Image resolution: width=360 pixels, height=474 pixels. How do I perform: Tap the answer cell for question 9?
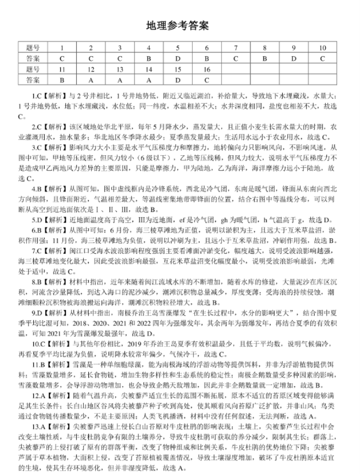(x=294, y=59)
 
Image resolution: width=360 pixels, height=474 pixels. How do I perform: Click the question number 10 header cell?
(x=323, y=48)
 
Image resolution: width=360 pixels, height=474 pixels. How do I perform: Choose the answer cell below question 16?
(x=206, y=80)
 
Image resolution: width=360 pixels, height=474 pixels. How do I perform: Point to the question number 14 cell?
(x=149, y=69)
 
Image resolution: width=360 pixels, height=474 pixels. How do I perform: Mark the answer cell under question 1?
(x=62, y=59)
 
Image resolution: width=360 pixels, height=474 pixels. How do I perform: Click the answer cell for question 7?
(x=235, y=59)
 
